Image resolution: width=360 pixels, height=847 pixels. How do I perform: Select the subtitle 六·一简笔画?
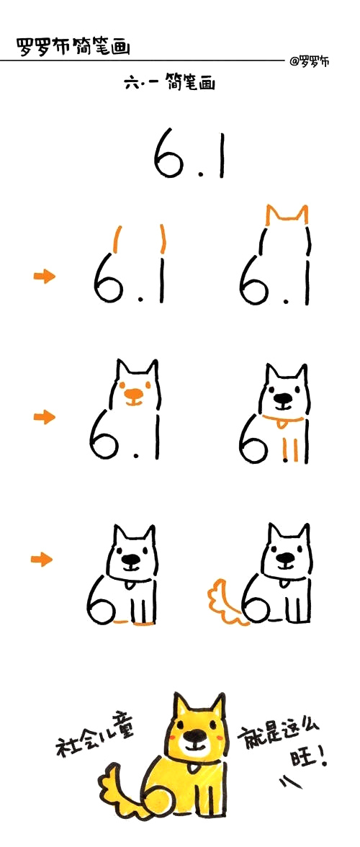[x=169, y=84]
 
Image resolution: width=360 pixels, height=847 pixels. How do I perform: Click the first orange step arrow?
[x=44, y=277]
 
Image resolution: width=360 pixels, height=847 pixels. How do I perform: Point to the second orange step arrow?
[x=44, y=416]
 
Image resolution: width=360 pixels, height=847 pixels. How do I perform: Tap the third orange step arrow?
[x=42, y=559]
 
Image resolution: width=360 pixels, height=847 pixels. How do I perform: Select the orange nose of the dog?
[x=135, y=394]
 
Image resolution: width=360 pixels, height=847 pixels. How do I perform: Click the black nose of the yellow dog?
[x=196, y=737]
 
